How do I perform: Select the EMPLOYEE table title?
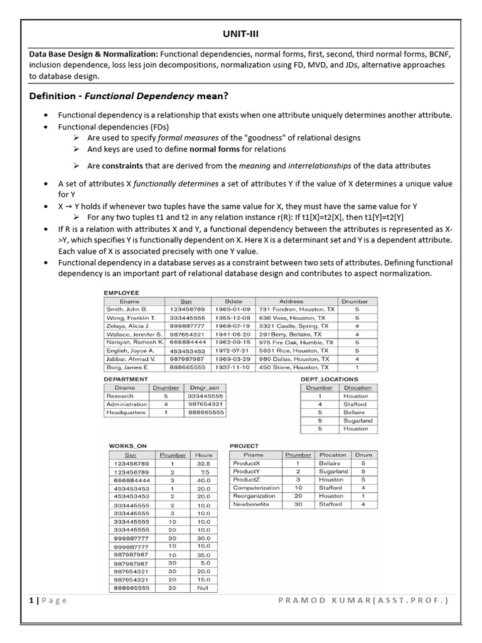coord(121,293)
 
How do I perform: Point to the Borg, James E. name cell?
coord(127,367)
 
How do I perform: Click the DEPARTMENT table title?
coord(126,379)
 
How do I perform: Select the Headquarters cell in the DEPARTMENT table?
coord(126,413)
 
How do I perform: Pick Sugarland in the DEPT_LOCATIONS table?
coord(358,421)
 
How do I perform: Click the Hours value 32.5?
coord(203,463)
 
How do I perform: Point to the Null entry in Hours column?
coord(203,588)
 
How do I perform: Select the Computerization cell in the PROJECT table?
coord(256,488)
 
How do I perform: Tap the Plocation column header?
coord(332,455)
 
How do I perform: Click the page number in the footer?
coord(31,600)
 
